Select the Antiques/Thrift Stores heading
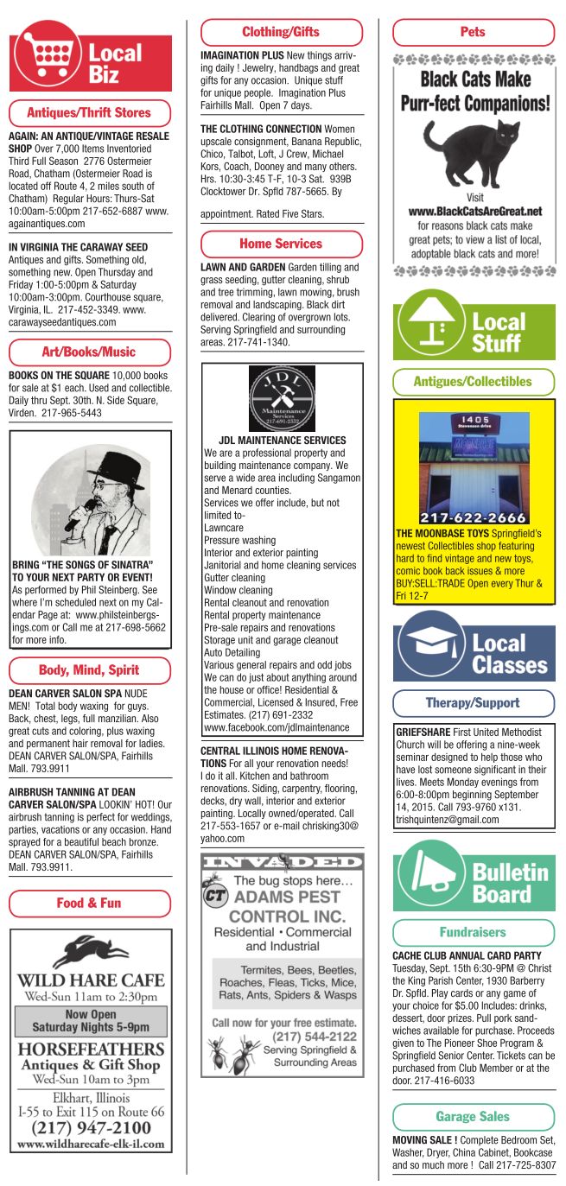click(89, 112)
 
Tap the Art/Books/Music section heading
click(89, 352)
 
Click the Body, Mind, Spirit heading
click(89, 670)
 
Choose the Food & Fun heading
click(89, 903)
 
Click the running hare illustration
click(90, 952)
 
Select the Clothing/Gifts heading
click(281, 32)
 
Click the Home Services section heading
click(281, 244)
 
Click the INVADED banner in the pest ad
click(282, 862)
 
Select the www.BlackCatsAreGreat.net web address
click(474, 211)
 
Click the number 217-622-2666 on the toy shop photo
click(473, 517)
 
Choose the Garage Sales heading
click(473, 1117)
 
